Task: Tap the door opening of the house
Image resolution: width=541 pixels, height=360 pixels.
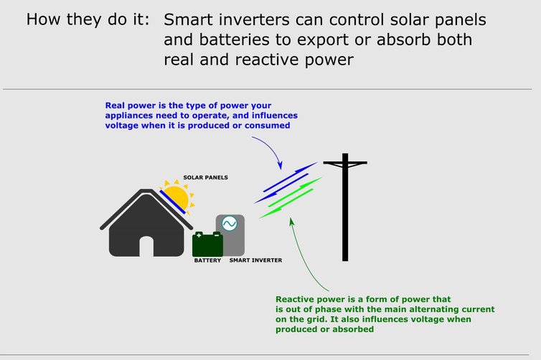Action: pyautogui.click(x=146, y=247)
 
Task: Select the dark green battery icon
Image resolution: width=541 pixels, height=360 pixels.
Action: pyautogui.click(x=207, y=245)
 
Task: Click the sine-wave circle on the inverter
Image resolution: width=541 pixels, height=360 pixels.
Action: pyautogui.click(x=230, y=224)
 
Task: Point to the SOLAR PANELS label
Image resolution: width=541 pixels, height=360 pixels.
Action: pyautogui.click(x=204, y=176)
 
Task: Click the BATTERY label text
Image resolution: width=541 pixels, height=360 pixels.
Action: pyautogui.click(x=207, y=260)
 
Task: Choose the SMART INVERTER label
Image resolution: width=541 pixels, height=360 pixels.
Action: pyautogui.click(x=255, y=260)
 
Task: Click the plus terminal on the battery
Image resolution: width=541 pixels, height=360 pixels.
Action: pyautogui.click(x=199, y=235)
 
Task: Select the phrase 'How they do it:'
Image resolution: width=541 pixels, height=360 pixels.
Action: pyautogui.click(x=88, y=19)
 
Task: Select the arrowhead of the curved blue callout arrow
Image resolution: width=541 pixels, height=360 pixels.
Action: pyautogui.click(x=281, y=164)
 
